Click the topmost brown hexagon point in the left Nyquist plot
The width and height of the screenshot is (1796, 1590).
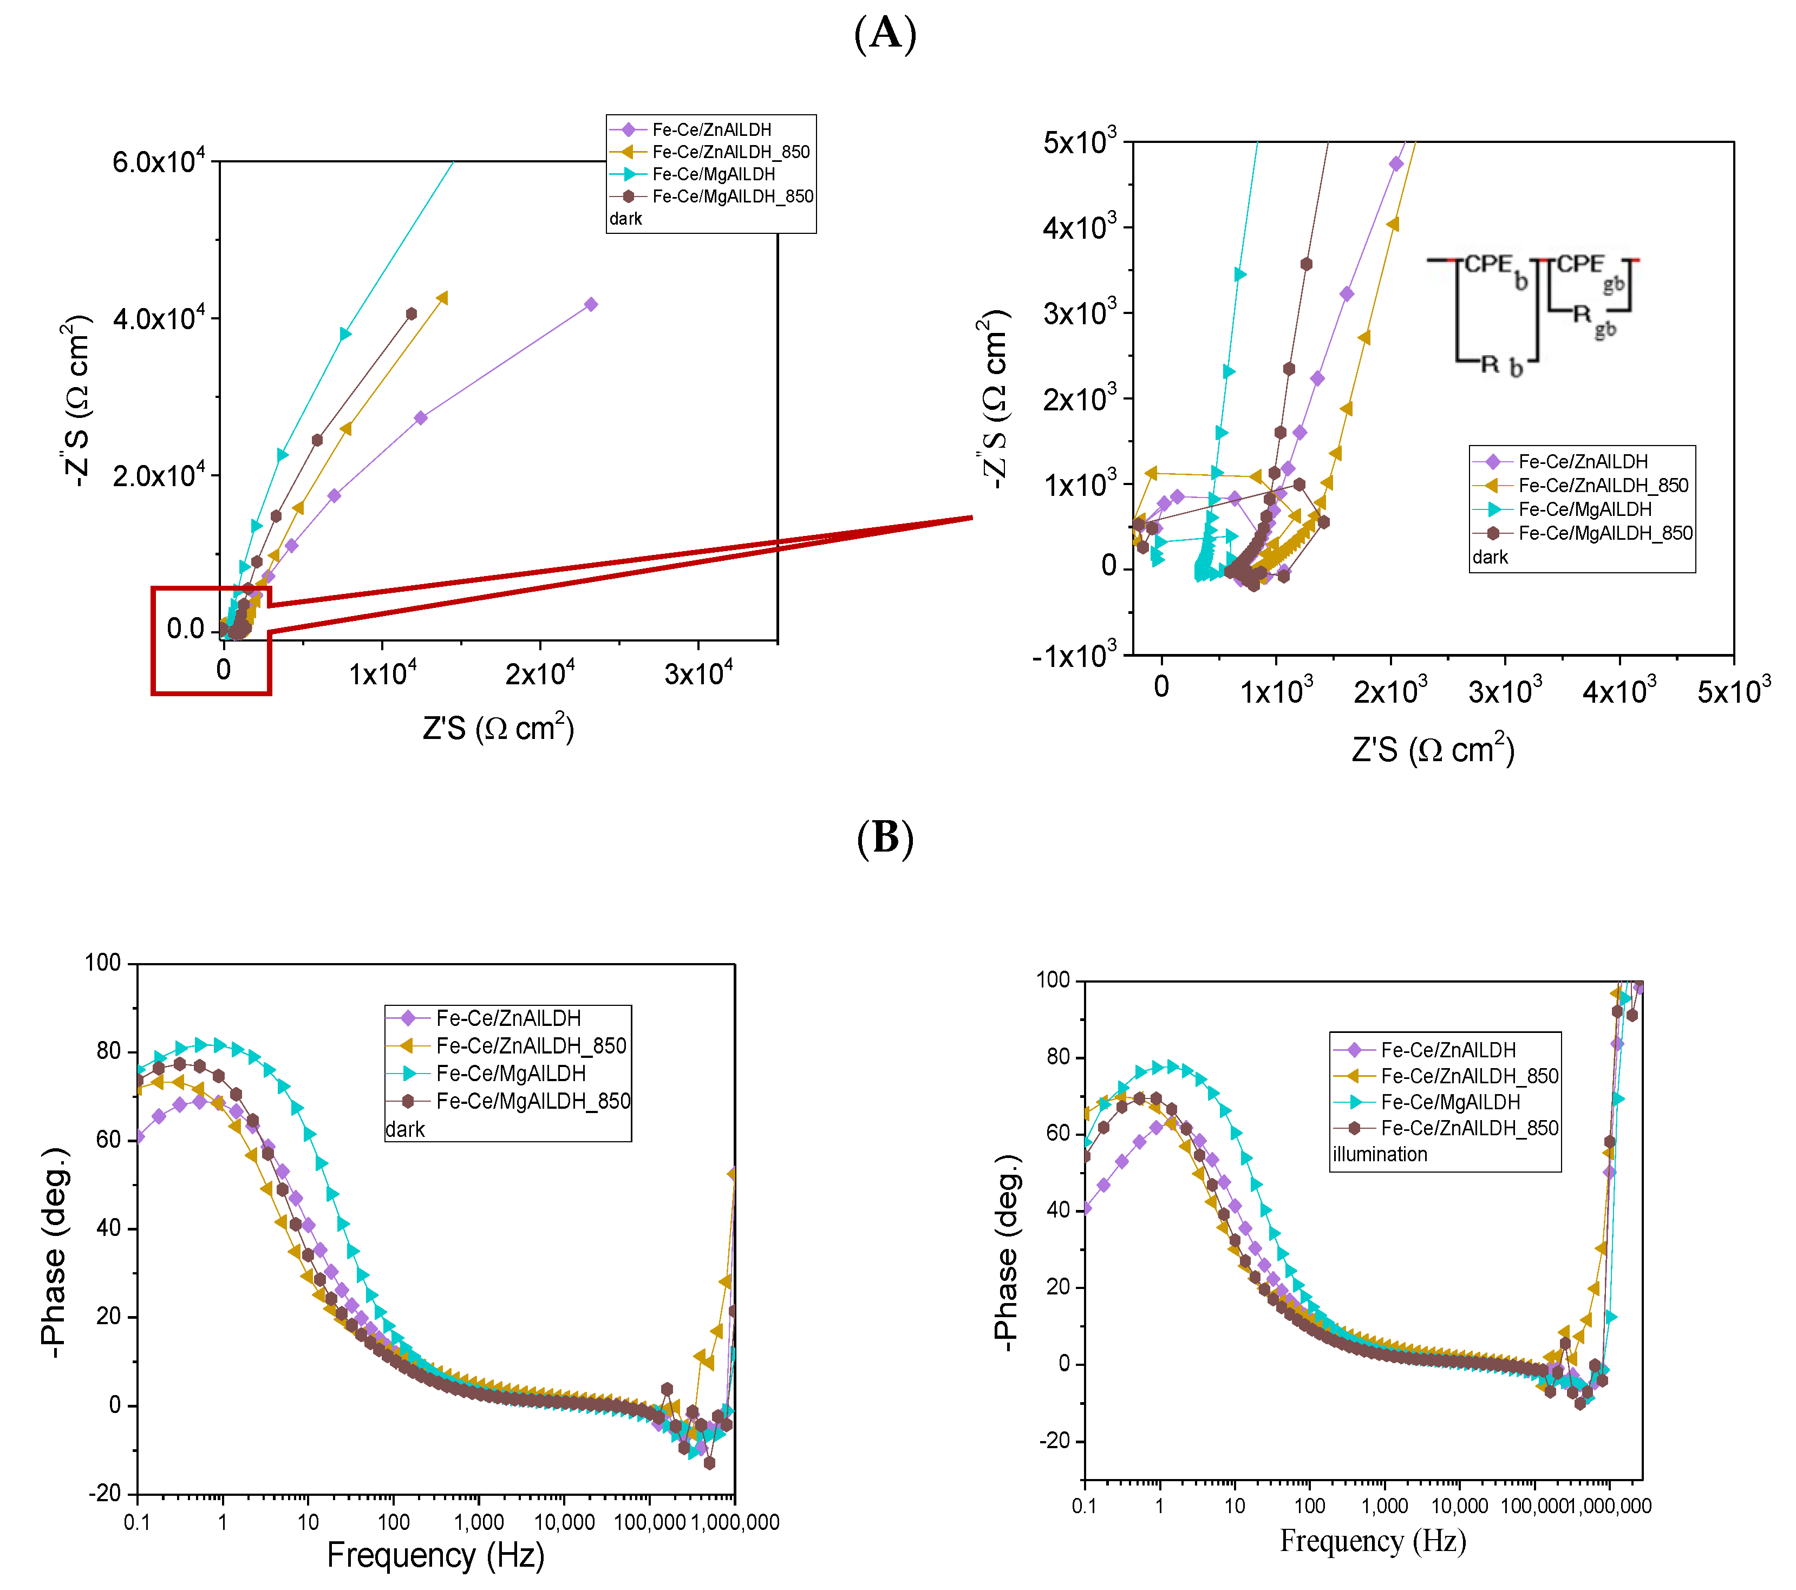[411, 313]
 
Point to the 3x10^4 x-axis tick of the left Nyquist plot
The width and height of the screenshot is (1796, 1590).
[698, 674]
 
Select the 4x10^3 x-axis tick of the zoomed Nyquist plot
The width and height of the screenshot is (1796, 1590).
[1619, 691]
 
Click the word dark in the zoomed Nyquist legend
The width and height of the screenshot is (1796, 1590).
[1490, 557]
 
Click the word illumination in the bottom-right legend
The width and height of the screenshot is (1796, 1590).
[1380, 1154]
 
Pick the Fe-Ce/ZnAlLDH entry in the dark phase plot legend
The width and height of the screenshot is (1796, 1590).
[508, 1018]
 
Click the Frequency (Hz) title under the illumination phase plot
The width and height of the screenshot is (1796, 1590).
[1373, 1540]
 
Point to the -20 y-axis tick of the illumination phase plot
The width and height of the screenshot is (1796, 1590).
[1054, 1441]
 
